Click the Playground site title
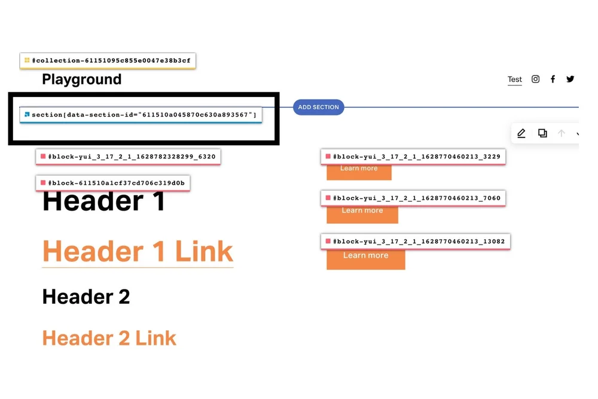point(81,80)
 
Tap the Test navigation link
point(514,80)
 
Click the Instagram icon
point(536,79)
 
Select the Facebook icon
point(553,79)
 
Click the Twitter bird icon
point(570,79)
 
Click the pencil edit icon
point(521,133)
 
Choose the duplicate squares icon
point(542,133)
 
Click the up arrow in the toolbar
point(562,133)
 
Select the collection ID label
point(111,60)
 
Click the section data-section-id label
point(144,114)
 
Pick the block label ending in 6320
point(132,157)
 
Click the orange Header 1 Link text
point(138,251)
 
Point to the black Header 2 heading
point(86,297)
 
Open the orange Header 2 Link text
point(109,338)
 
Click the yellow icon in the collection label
point(27,60)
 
